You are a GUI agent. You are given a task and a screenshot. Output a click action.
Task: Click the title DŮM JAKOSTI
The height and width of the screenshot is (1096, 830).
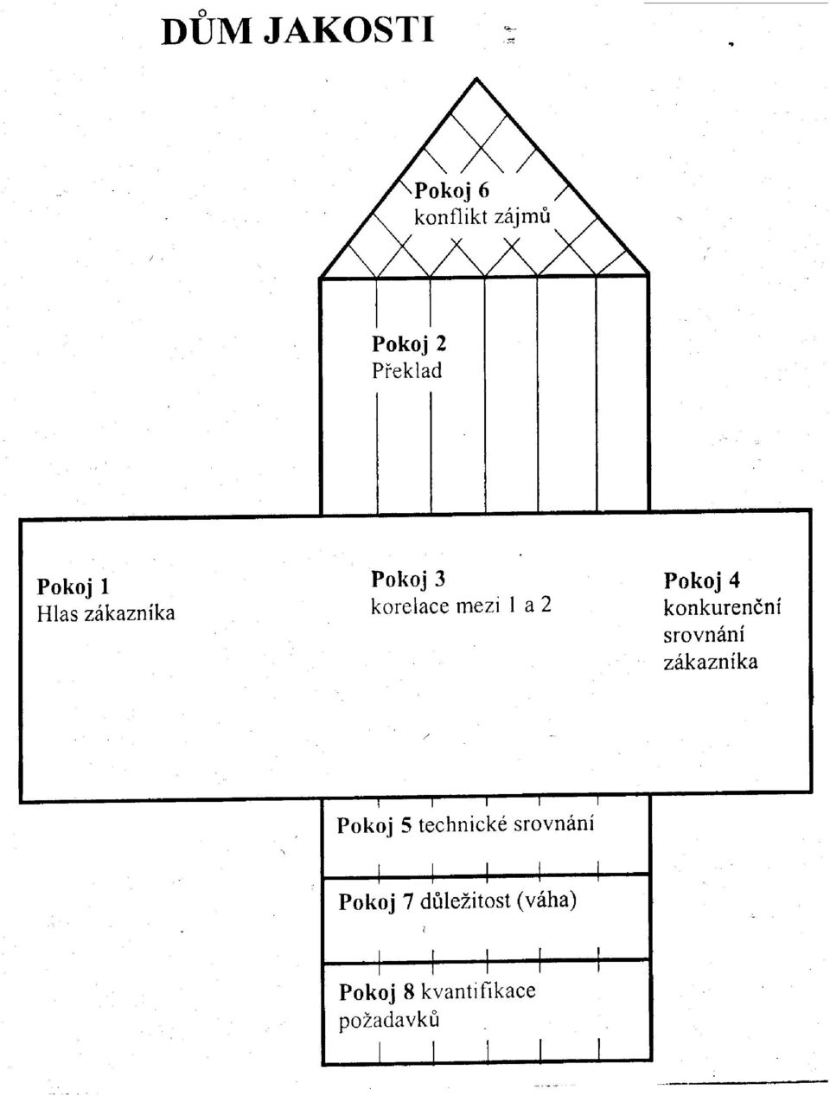point(297,30)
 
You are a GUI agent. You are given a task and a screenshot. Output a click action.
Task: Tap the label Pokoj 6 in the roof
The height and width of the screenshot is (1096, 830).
point(452,191)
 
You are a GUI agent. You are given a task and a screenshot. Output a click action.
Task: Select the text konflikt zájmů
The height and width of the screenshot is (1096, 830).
point(482,216)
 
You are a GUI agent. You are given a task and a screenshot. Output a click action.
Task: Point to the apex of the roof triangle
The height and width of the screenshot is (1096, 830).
point(476,79)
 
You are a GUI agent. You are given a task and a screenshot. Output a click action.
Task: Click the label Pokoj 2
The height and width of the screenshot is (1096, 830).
point(409,344)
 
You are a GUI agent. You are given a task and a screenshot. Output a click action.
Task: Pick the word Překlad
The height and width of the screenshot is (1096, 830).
point(406,370)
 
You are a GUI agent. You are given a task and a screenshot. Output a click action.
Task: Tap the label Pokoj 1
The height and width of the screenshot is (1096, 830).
point(73,586)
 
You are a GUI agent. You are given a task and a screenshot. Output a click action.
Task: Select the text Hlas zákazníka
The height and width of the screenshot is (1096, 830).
point(105,613)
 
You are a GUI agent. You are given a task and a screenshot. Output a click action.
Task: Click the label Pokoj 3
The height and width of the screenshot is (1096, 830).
point(408,580)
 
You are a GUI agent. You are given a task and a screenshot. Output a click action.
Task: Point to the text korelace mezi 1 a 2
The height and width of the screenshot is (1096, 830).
point(461,606)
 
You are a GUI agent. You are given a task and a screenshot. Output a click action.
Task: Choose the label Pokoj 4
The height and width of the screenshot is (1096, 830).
point(702,580)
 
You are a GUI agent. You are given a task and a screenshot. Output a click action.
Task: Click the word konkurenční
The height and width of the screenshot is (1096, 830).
point(722,607)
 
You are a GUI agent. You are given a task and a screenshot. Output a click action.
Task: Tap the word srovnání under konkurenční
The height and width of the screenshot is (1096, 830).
point(704,635)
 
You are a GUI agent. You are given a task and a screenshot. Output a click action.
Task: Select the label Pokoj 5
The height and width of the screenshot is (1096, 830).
point(374,825)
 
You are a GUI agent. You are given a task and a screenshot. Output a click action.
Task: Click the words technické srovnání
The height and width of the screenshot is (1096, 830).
point(506,824)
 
